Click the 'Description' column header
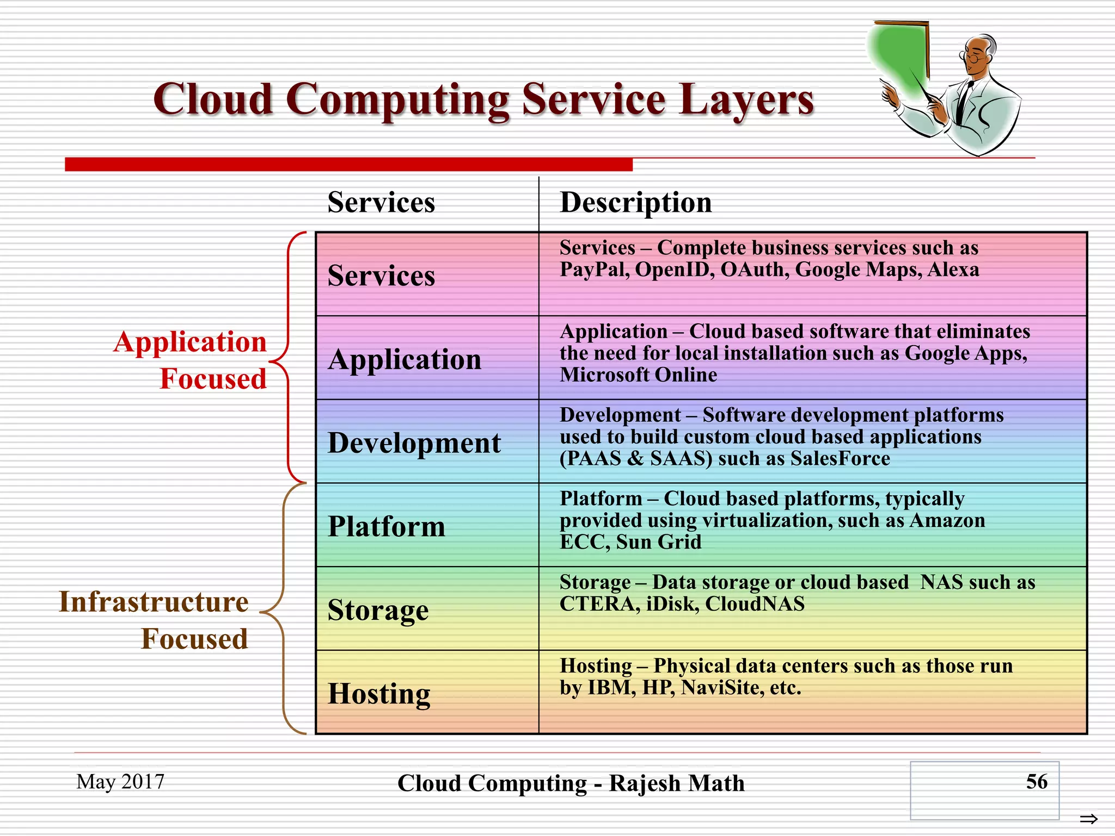tap(635, 203)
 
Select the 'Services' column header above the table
tap(381, 203)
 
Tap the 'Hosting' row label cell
tap(379, 694)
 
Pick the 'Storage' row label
tap(378, 610)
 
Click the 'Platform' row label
tap(387, 527)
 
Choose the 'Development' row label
tap(414, 443)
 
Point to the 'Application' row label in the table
tap(405, 360)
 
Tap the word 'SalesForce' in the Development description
tap(840, 459)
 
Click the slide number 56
tap(1036, 782)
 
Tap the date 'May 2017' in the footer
tap(120, 782)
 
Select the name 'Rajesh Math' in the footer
tap(676, 784)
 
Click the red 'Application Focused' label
tap(191, 360)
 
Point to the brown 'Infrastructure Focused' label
tap(154, 620)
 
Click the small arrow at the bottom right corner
tap(1088, 819)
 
